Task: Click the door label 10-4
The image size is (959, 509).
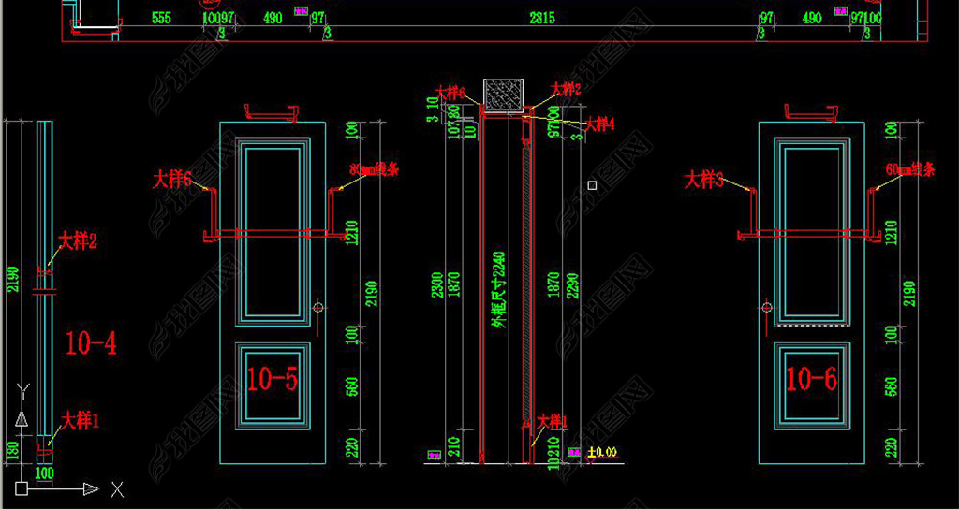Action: (x=91, y=344)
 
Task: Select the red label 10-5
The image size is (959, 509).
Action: (x=272, y=379)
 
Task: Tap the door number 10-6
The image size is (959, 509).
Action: (x=811, y=379)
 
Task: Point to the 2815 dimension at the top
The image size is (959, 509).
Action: (x=542, y=17)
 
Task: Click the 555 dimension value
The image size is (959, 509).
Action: (x=160, y=17)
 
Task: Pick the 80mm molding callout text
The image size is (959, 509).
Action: (x=374, y=170)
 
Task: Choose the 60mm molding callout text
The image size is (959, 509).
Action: (x=911, y=170)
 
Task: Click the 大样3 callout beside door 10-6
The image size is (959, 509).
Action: (x=704, y=180)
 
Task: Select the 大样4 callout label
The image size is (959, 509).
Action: (x=600, y=124)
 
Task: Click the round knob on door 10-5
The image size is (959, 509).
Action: (x=318, y=307)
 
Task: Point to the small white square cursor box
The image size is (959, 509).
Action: (x=592, y=185)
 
